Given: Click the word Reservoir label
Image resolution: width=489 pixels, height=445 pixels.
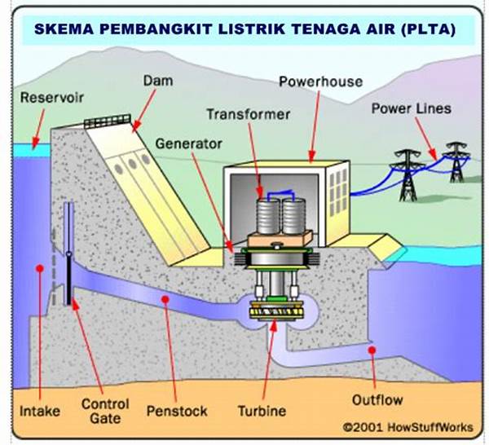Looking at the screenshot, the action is click(52, 98).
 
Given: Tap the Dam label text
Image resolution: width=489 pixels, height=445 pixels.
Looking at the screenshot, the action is click(158, 81).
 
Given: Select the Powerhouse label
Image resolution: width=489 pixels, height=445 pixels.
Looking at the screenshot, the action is click(320, 82).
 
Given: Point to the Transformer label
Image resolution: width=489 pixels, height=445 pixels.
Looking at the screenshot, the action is click(249, 114).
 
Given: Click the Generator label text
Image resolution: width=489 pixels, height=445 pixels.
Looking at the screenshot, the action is click(189, 143).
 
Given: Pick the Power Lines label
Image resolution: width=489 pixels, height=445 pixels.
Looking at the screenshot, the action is click(412, 108).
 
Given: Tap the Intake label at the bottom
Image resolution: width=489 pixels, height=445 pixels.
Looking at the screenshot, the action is click(40, 411).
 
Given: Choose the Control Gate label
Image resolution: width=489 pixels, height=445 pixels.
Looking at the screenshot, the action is click(105, 412).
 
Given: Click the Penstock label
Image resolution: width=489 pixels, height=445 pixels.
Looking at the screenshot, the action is click(177, 411).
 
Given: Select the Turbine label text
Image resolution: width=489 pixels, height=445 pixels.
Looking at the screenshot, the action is click(262, 411).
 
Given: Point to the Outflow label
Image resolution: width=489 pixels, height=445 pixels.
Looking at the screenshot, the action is click(377, 400).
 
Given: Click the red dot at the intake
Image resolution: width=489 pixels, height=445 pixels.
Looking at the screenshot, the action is click(40, 268).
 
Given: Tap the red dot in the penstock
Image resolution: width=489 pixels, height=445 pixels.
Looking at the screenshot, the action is click(165, 300).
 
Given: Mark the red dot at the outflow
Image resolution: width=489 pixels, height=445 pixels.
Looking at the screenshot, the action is click(372, 350).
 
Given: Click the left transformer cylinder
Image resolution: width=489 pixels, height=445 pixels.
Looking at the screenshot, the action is click(268, 216).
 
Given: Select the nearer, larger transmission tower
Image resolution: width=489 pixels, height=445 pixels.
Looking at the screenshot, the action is click(408, 175).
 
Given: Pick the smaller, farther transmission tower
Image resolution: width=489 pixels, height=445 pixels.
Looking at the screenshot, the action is click(457, 162).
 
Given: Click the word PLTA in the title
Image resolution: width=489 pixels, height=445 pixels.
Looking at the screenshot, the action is click(429, 29).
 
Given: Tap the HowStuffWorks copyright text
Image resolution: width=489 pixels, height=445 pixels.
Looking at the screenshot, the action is click(408, 427).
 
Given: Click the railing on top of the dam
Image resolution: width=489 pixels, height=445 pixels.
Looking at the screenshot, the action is click(108, 121).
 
